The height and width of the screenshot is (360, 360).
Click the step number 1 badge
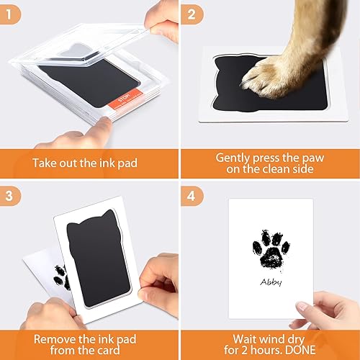[12, 13]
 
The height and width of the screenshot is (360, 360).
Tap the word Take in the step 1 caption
[45, 162]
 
